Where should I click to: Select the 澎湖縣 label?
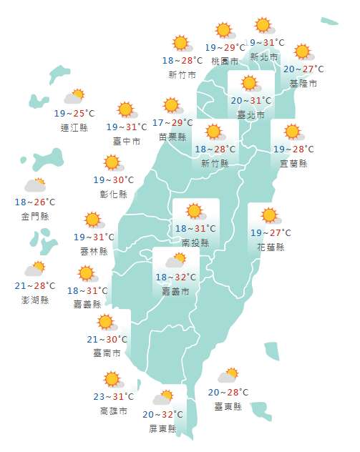pos(35,300)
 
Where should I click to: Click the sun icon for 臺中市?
pos(127,110)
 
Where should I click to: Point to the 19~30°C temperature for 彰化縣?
pos(114,180)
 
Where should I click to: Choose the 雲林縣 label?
pos(94,251)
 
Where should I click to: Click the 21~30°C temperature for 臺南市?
pos(107,339)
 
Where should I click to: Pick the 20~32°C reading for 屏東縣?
pos(163,414)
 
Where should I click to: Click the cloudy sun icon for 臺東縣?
pos(228,376)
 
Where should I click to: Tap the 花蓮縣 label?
pos(271,247)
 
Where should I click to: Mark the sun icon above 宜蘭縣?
pos(292,132)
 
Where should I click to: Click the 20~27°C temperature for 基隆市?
pos(303,69)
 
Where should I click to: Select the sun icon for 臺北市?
pos(249,84)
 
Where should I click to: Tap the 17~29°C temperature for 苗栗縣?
pos(172,123)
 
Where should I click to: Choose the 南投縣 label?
pos(195,243)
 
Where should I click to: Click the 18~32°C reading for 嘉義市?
pos(176,277)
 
